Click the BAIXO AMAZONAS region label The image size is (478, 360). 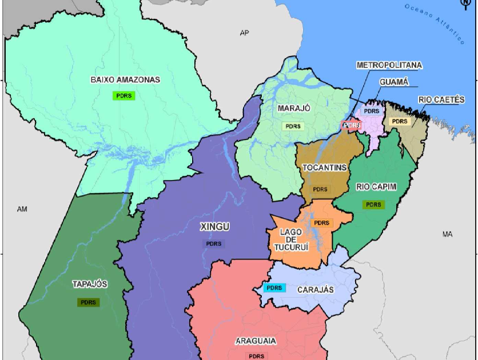pos(125,80)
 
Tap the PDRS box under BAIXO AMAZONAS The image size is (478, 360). pos(124,95)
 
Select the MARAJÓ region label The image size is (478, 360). pos(294,108)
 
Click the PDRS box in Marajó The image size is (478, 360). pos(293,126)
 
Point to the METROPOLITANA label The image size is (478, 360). pos(389,65)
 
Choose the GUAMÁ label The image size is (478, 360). pos(394,82)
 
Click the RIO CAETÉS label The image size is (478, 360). pos(441,99)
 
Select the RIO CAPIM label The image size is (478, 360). pos(376,187)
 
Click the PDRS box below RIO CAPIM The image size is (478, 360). pos(373,205)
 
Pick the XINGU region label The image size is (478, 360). pos(214,227)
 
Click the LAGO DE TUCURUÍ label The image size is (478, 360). pos(290,239)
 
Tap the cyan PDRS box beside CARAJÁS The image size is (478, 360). pos(274,288)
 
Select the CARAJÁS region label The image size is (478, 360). pos(315,290)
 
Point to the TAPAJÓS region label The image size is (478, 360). pos(90,284)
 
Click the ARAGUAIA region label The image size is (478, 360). pos(256,341)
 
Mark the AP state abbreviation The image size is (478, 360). pos(245,33)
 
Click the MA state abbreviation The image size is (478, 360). pos(447,234)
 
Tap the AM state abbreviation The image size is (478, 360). pos(22,209)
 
